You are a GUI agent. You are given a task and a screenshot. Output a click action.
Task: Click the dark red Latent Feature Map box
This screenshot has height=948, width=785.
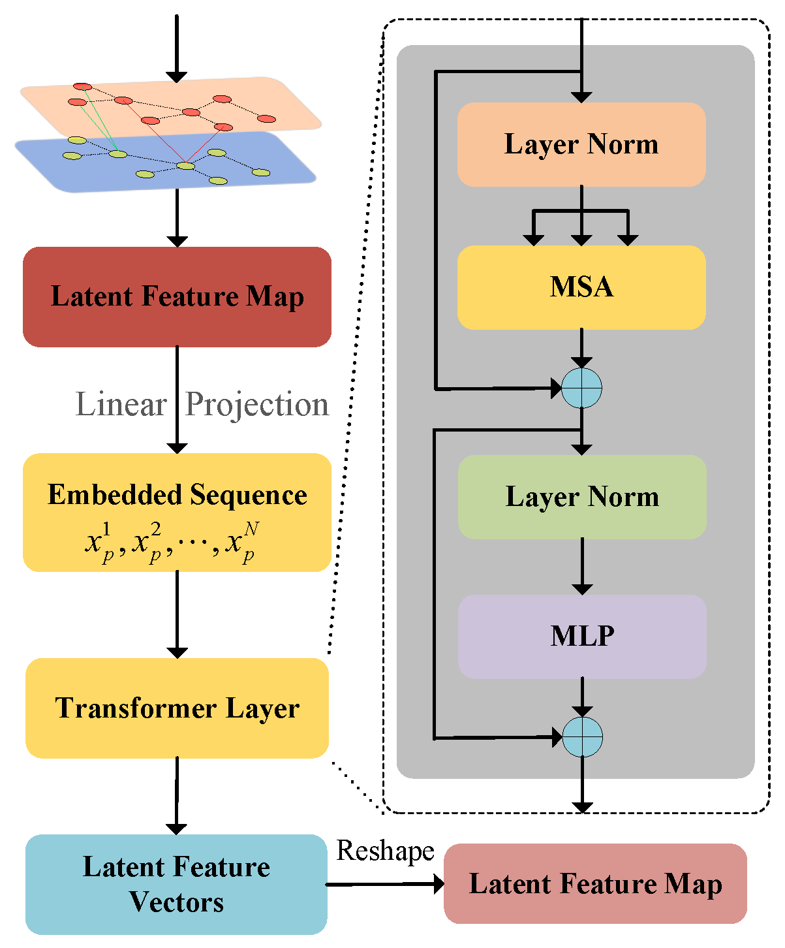coord(177,296)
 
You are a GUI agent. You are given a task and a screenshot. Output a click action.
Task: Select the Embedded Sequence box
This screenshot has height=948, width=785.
coord(177,513)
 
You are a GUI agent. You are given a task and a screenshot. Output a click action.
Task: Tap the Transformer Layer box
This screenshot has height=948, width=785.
coord(177,708)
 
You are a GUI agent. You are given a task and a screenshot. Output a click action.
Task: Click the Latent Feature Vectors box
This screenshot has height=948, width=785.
coord(176,884)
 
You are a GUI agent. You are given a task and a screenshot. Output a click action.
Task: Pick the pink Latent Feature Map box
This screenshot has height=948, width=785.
coord(595,883)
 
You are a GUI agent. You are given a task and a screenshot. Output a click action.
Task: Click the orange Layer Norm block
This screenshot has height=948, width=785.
coord(581,144)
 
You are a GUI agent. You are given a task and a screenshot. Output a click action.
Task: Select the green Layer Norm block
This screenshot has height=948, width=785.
coord(582,497)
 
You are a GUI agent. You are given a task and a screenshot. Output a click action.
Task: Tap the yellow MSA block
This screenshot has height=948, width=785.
coord(581,287)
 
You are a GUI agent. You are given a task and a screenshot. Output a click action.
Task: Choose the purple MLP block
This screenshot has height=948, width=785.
coord(582,636)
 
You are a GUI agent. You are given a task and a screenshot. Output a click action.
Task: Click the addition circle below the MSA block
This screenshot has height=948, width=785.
coord(581,388)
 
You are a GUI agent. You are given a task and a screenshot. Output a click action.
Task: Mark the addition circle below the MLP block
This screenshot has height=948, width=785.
coord(582,737)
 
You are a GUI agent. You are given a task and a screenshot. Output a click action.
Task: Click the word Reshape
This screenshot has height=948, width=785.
coord(385,851)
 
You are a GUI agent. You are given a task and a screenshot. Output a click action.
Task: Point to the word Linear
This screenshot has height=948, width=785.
coord(121,405)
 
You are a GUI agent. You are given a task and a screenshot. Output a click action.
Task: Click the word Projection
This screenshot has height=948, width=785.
coord(257,405)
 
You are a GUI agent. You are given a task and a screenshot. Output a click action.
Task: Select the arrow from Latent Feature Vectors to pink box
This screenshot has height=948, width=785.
coord(385,884)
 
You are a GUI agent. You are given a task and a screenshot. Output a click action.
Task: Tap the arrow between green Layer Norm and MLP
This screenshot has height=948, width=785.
coord(582,566)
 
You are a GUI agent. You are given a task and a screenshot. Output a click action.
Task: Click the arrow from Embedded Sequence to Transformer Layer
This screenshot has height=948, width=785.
coord(177,614)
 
